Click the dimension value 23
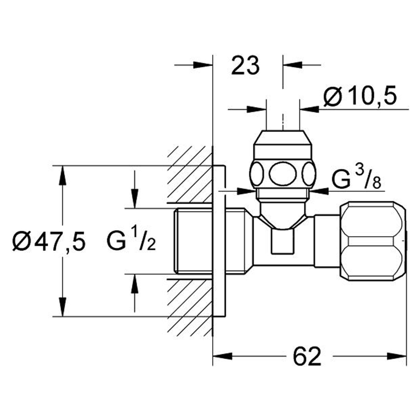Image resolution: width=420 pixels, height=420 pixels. pyautogui.click(x=245, y=65)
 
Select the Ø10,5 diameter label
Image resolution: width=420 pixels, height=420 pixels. pyautogui.click(x=360, y=97)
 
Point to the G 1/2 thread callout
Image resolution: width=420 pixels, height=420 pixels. pyautogui.click(x=131, y=240)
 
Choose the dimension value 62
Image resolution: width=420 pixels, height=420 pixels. pyautogui.click(x=307, y=356)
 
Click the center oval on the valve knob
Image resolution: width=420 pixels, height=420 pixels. pyautogui.click(x=283, y=174)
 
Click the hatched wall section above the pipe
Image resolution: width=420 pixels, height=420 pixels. pyautogui.click(x=190, y=175)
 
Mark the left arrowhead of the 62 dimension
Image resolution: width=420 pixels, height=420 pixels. pyautogui.click(x=222, y=356)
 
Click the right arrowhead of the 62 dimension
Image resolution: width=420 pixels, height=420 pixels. pyautogui.click(x=397, y=356)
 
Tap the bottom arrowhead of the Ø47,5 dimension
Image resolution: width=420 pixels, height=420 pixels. pyautogui.click(x=62, y=307)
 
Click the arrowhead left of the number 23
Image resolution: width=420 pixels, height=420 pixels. pyautogui.click(x=203, y=65)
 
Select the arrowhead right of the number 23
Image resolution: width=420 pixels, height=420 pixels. pyautogui.click(x=292, y=65)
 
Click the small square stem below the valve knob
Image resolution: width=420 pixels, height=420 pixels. pyautogui.click(x=283, y=241)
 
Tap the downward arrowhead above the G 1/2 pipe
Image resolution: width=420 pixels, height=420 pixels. pyautogui.click(x=135, y=198)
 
